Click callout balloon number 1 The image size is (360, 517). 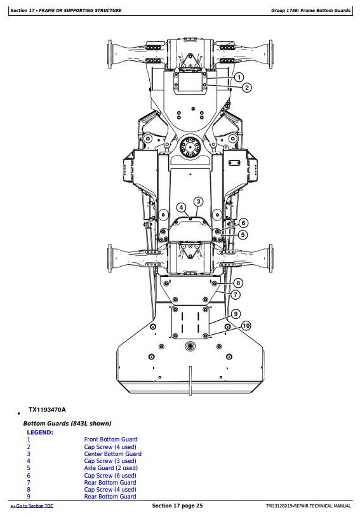239,77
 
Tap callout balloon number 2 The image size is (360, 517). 247,88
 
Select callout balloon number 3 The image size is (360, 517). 198,202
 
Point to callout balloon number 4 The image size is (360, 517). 182,208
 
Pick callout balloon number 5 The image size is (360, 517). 243,235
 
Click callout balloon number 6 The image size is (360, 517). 243,223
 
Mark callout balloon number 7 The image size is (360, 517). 236,295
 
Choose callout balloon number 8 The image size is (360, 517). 238,283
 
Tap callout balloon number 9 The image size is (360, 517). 236,314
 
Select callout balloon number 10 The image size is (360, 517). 246,326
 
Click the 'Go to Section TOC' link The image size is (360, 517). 32,506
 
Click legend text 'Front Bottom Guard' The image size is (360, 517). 110,439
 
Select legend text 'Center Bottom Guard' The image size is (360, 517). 113,453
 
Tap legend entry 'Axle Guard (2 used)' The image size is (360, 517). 110,468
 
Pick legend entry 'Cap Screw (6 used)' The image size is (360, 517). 110,476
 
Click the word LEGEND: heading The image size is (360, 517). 40,433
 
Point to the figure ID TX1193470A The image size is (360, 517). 47,410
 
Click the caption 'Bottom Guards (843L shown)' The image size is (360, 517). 67,424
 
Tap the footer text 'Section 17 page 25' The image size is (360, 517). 177,506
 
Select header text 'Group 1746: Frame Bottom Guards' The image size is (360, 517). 310,11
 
